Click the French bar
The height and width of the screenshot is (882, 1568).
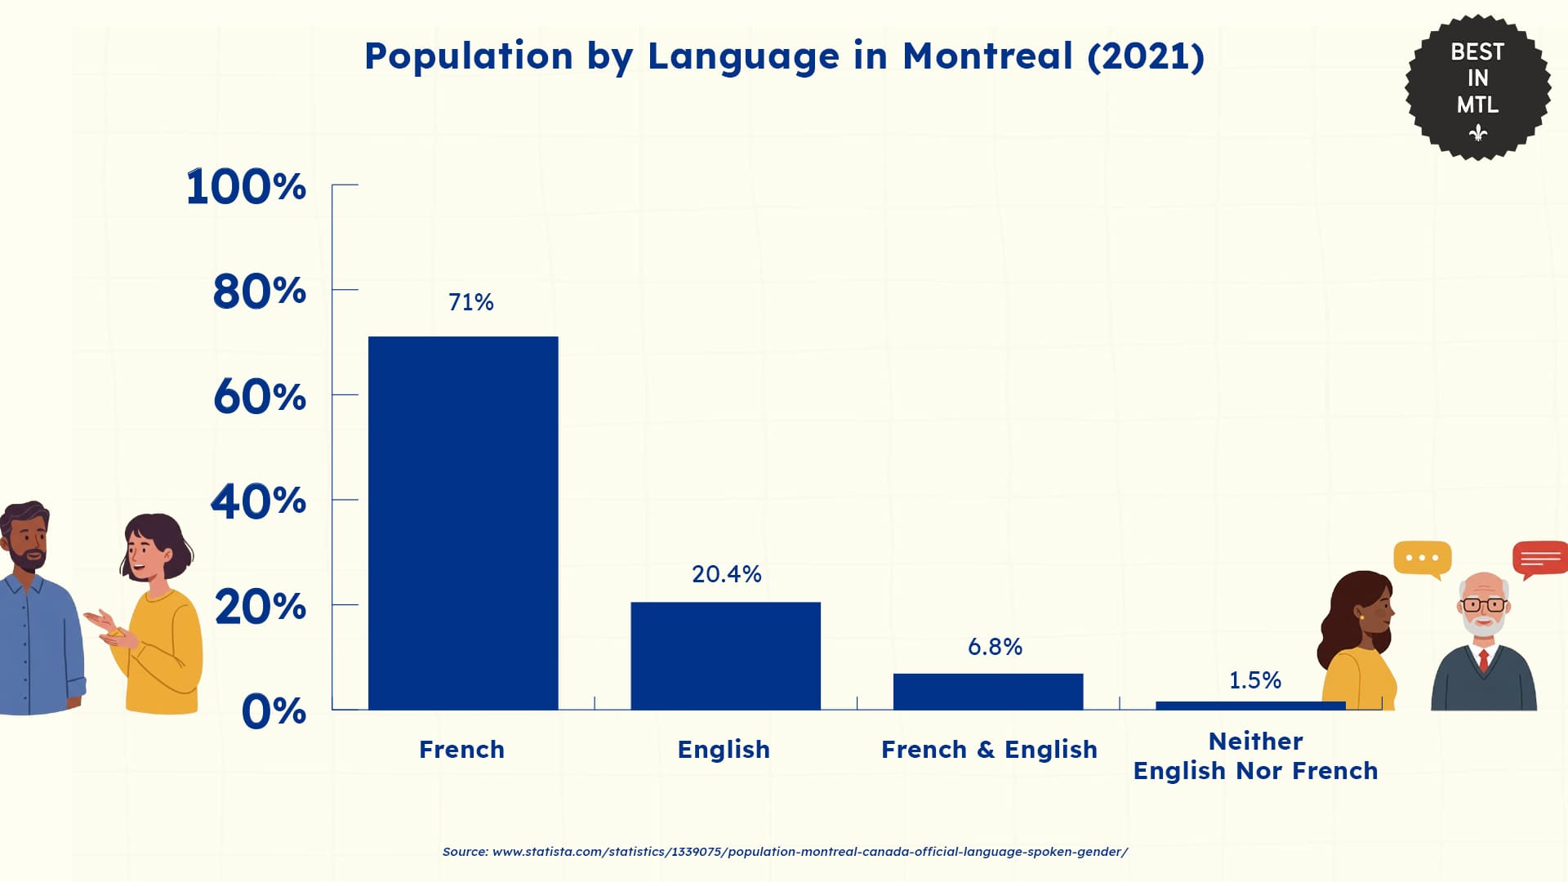463,523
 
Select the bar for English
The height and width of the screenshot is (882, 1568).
725,656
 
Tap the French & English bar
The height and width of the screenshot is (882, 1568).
987,692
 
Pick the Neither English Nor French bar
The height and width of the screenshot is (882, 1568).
1249,706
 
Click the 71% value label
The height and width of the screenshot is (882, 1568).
470,302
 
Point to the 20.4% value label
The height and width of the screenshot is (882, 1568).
726,574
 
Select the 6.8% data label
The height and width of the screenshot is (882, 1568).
995,647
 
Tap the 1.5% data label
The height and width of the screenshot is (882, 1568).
1254,680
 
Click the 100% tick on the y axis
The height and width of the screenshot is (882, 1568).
246,187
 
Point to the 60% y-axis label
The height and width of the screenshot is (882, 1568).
259,397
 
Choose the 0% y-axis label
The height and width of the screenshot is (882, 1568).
274,711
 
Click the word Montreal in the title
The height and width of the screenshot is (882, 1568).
987,56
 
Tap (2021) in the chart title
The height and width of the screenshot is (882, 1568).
1145,56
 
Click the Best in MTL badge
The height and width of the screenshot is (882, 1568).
1477,87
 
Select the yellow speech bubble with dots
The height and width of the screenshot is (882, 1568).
1422,559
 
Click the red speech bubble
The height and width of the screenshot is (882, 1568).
1539,559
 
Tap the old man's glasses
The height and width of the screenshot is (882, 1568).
1483,605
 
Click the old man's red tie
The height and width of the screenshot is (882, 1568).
1484,659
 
